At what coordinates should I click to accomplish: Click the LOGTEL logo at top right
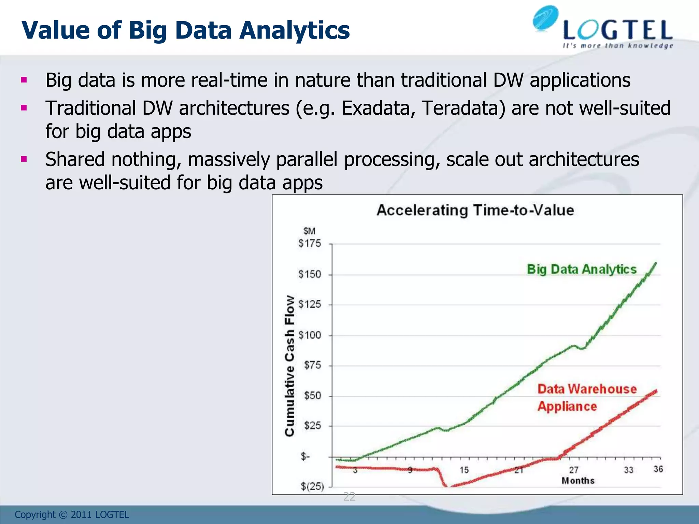[x=602, y=29]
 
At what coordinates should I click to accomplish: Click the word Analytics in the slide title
[x=294, y=30]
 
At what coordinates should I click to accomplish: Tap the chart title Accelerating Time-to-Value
[x=475, y=210]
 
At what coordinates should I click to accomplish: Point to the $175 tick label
[x=310, y=244]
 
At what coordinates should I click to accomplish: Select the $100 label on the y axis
[x=310, y=335]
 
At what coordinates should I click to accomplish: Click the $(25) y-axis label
[x=312, y=486]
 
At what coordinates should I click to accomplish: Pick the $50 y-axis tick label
[x=312, y=396]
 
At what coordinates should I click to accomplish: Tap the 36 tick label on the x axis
[x=658, y=469]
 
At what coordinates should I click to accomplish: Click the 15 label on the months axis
[x=464, y=470]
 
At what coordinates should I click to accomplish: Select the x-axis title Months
[x=578, y=481]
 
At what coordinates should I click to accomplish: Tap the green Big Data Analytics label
[x=582, y=269]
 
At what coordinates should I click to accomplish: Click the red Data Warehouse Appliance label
[x=587, y=398]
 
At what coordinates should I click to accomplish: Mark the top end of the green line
[x=656, y=263]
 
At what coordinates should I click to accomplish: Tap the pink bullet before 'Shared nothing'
[x=24, y=159]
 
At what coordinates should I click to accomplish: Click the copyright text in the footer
[x=72, y=514]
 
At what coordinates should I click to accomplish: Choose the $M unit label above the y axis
[x=309, y=231]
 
